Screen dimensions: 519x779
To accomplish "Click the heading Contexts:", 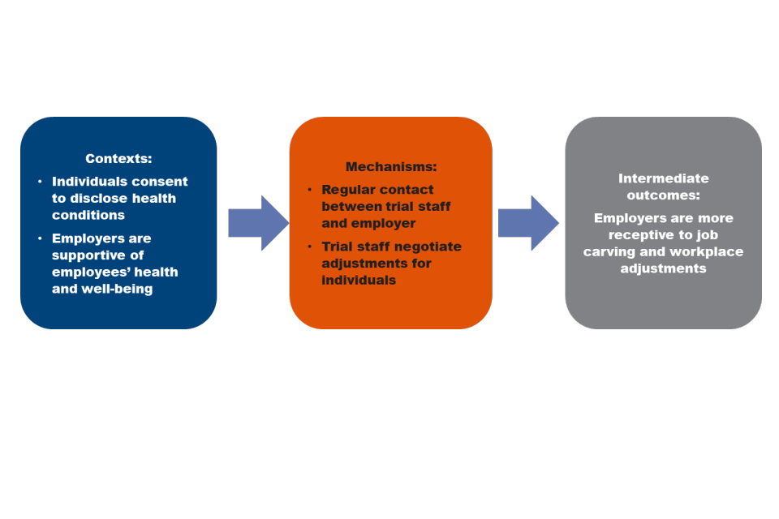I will coord(118,159).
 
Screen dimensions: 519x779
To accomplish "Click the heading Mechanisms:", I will coord(391,167).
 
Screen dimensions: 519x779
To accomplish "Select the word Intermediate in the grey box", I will coord(663,178).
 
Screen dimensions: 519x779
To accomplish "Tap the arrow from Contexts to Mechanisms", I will coord(258,223).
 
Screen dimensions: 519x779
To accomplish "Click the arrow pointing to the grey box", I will coord(528,223).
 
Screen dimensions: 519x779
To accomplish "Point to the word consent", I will coord(159,182).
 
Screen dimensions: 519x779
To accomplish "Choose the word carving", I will coord(608,251).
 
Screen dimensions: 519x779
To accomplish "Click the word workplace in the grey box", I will coord(705,251).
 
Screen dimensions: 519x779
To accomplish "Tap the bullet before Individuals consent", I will coord(40,182).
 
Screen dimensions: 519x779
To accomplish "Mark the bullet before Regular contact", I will coord(309,190).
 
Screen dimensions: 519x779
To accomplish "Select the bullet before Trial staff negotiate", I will coord(309,247).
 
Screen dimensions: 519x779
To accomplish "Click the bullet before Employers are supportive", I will coord(40,238).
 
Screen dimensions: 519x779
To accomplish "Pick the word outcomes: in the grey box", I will coord(663,195).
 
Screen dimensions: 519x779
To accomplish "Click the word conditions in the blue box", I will coord(88,215).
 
